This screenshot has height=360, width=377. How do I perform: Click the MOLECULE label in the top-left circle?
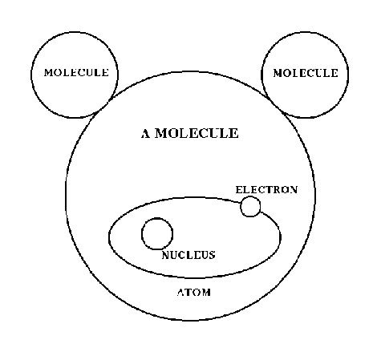(76, 73)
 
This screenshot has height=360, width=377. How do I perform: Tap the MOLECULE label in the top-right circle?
(306, 73)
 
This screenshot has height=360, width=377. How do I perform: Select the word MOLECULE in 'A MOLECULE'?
(197, 133)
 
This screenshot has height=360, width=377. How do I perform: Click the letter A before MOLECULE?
(146, 133)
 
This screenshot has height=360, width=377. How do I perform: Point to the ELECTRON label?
(266, 190)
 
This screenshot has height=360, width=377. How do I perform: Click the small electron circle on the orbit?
(250, 206)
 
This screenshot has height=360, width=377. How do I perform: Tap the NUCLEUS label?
(188, 255)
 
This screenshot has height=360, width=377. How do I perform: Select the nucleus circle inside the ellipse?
(157, 234)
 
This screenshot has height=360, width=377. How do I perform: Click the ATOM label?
(194, 292)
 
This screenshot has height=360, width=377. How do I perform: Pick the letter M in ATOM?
(206, 292)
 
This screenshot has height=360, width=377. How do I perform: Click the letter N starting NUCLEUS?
(166, 255)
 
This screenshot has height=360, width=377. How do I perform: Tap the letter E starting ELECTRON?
(239, 190)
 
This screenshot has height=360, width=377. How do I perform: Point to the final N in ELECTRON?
(294, 190)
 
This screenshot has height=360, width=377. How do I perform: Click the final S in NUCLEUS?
(213, 255)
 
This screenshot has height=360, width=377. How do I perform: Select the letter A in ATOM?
(181, 292)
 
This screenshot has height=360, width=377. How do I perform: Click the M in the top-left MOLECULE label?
(49, 73)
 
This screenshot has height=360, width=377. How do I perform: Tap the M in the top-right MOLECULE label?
(278, 73)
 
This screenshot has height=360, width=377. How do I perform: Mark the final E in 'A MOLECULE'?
(234, 133)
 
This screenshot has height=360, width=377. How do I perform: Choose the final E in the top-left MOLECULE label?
(106, 73)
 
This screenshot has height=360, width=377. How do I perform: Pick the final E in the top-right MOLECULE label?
(334, 73)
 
